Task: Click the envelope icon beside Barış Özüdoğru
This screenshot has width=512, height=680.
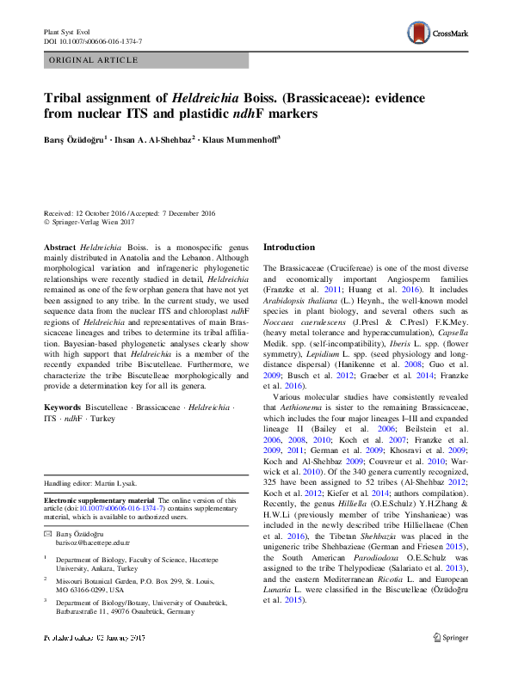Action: tap(47, 535)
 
